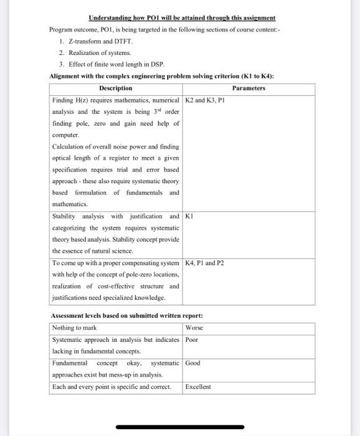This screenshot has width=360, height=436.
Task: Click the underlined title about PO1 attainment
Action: click(182, 18)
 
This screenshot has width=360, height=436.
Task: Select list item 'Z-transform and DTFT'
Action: click(97, 40)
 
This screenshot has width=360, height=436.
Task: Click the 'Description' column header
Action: click(116, 88)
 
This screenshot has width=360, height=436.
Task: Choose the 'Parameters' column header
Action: click(249, 88)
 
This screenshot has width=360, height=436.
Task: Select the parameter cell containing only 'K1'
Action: click(190, 216)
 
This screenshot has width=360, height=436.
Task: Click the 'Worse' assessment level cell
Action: click(194, 327)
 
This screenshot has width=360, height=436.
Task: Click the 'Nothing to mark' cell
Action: click(74, 327)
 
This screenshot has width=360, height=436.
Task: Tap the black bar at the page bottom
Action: click(179, 427)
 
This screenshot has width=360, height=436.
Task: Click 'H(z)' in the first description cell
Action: click(82, 100)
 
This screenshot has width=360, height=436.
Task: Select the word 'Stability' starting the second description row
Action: click(65, 216)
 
